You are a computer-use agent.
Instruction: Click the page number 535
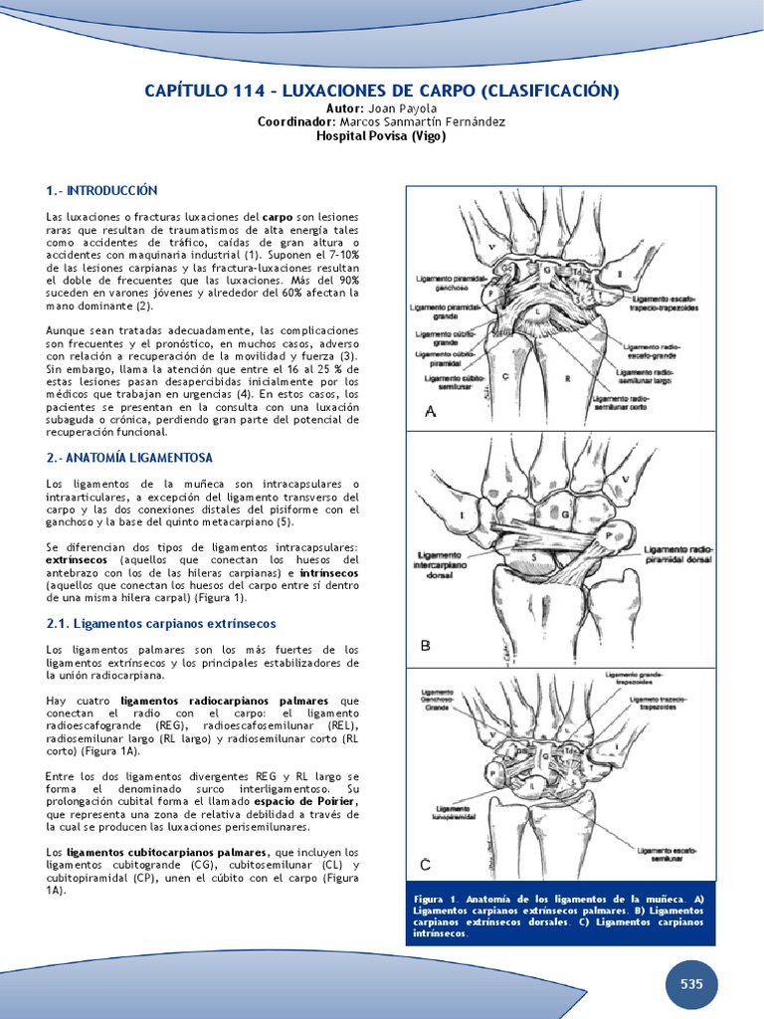click(691, 983)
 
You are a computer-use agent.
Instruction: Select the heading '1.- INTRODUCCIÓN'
click(101, 190)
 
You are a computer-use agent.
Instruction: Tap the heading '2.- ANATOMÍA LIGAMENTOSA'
click(129, 457)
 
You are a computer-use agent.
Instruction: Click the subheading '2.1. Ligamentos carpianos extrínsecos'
click(161, 623)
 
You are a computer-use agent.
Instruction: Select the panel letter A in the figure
click(430, 412)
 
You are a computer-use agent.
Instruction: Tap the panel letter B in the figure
click(425, 646)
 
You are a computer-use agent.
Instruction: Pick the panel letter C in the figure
click(425, 863)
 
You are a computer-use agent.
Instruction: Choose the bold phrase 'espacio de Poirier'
click(305, 801)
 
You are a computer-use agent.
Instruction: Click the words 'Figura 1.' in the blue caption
click(435, 899)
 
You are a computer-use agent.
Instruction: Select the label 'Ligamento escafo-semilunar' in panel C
click(668, 855)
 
